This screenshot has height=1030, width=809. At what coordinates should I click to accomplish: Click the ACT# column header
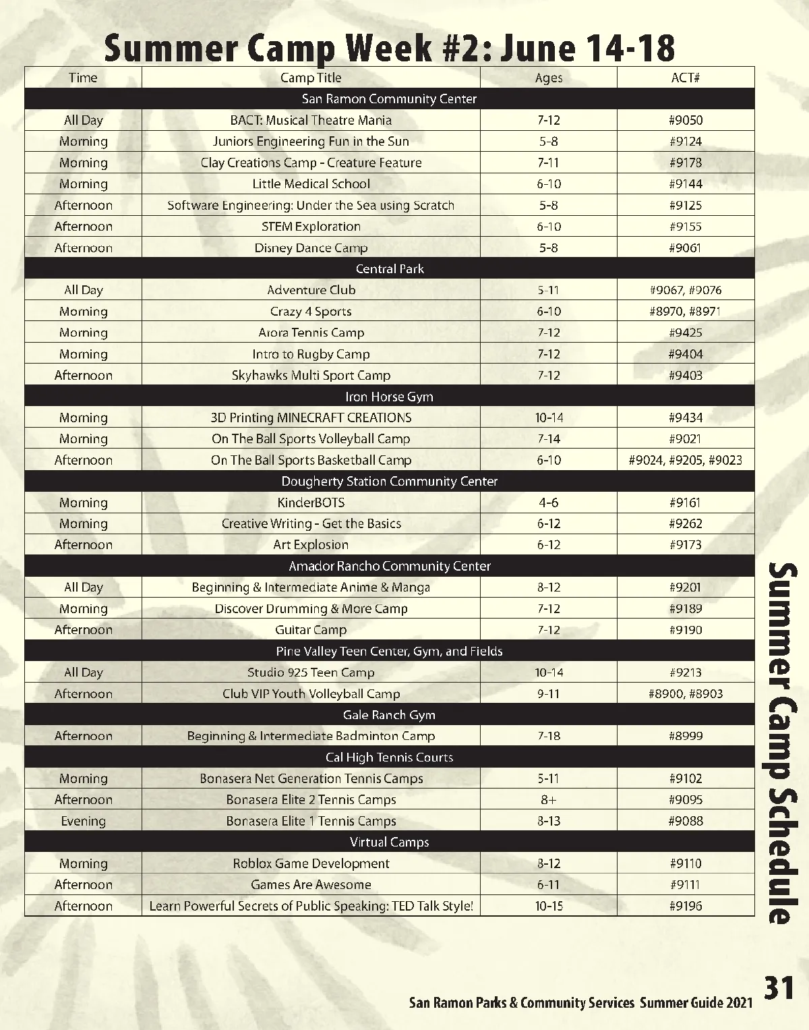685,78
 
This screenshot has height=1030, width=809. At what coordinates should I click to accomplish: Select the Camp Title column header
311,78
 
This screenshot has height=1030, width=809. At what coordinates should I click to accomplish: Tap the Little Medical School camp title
311,183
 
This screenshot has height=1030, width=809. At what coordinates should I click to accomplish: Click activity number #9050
685,120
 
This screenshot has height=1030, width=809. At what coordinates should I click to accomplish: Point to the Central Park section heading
390,268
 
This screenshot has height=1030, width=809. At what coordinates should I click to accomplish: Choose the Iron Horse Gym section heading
390,397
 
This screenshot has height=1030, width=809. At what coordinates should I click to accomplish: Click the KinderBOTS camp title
311,503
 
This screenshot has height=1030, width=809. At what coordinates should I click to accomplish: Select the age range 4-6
548,503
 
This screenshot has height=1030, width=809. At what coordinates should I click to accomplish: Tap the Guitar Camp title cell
311,629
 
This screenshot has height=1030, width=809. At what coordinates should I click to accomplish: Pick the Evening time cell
84,821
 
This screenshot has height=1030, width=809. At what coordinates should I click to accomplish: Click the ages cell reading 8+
548,799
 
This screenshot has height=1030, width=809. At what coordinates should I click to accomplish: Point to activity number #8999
685,736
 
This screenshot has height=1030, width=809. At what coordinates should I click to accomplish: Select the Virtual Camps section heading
390,842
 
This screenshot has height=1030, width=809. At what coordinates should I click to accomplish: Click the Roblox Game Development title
311,863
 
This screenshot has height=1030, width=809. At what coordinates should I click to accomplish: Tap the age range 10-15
548,906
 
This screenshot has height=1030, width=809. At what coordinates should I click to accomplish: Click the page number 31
779,988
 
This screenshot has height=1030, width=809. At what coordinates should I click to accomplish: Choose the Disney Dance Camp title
311,248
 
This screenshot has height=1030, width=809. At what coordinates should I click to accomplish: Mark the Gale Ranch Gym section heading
390,714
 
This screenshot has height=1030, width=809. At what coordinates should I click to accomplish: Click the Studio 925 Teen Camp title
311,673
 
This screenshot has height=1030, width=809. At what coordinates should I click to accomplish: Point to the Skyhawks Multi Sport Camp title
311,375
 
